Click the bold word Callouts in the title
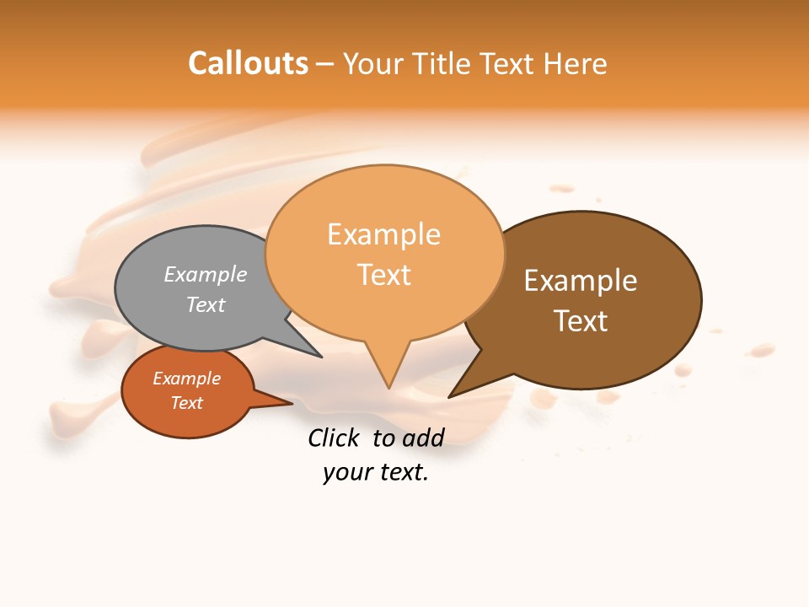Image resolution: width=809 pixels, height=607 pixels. click(x=248, y=63)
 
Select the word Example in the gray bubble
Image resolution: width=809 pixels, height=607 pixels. click(x=206, y=274)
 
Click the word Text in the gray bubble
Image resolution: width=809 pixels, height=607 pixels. click(x=206, y=304)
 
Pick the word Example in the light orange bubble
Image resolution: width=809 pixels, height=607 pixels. click(x=383, y=234)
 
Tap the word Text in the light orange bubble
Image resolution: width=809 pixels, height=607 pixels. click(x=383, y=275)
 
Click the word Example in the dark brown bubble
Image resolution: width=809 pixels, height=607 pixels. click(x=581, y=280)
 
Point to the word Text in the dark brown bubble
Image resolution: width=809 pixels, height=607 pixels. click(x=581, y=320)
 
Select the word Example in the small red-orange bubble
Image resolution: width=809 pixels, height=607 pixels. click(x=186, y=379)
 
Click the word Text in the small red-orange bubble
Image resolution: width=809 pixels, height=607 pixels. click(x=186, y=403)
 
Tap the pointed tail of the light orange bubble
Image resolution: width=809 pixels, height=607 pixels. click(x=388, y=375)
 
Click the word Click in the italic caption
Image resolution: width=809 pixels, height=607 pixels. click(x=333, y=438)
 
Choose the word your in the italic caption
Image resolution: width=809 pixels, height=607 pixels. click(x=346, y=472)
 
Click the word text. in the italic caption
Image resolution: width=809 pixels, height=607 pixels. click(x=401, y=472)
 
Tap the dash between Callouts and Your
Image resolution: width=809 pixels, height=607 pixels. click(x=325, y=64)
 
